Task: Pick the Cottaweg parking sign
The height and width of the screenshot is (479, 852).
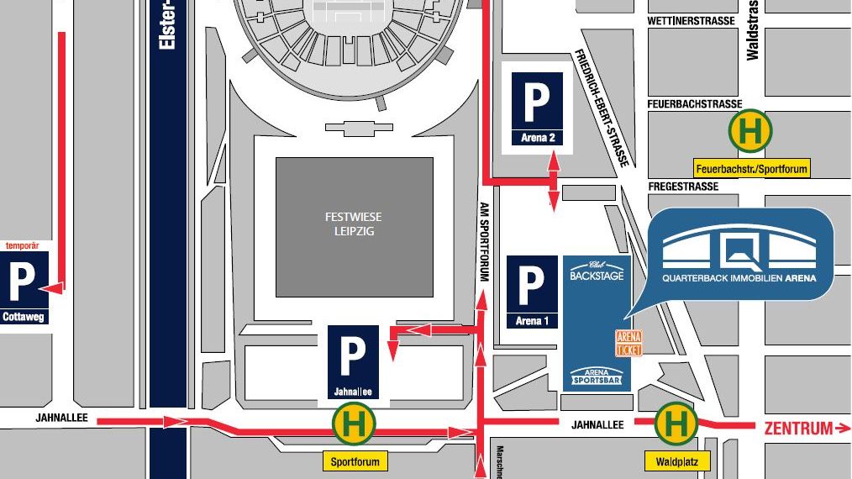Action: (x=22, y=289)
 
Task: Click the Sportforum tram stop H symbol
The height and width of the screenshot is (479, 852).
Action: (x=354, y=424)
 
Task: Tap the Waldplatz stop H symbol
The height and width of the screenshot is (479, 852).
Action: (x=676, y=424)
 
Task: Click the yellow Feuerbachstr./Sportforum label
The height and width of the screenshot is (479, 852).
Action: (x=751, y=169)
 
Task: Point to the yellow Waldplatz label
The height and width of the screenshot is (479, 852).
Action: (x=677, y=461)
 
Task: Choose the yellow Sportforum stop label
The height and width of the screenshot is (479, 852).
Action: (x=355, y=461)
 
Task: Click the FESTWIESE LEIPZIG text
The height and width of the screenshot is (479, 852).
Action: (x=354, y=224)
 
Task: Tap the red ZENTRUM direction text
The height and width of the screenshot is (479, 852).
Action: (x=798, y=429)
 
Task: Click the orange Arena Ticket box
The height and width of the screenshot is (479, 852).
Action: (x=628, y=343)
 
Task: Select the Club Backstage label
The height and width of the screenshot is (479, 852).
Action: (x=596, y=271)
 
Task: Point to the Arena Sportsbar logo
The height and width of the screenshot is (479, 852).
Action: (x=597, y=376)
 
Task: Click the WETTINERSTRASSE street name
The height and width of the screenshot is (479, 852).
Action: (x=691, y=21)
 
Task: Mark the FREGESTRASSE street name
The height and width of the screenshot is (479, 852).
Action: (x=683, y=186)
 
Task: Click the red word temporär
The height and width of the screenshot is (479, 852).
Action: (x=24, y=246)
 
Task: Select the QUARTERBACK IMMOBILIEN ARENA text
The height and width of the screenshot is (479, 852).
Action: (x=739, y=277)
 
